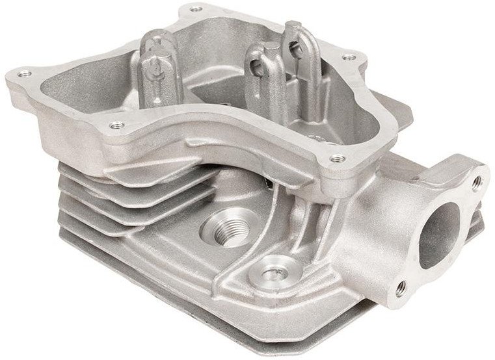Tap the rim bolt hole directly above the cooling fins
(117, 123)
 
